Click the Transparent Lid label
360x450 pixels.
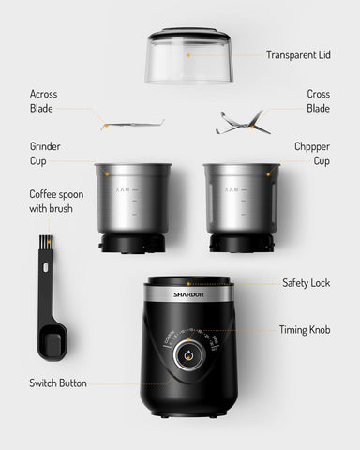[x=298, y=54]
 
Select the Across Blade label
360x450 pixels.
[x=42, y=101]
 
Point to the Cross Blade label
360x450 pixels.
[x=318, y=101]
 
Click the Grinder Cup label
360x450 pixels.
[x=45, y=155]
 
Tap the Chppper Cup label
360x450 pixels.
[x=312, y=155]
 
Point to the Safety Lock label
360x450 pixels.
[x=306, y=282]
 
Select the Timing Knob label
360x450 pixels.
[x=304, y=330]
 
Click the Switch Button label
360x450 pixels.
[x=58, y=383]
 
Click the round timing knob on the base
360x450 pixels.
[x=187, y=357]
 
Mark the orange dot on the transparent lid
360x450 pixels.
[x=187, y=54]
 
